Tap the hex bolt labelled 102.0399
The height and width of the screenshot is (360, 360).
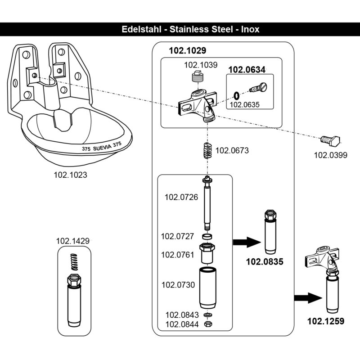coord(332,140)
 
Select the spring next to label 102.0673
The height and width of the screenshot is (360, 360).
coord(206,150)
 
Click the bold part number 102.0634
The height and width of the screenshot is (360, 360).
coord(247,70)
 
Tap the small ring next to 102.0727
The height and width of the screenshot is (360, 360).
coord(207,236)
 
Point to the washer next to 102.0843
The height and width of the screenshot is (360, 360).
coord(207,315)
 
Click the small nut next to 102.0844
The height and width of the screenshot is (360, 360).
coord(207,324)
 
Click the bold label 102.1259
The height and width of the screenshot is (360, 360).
coord(325,321)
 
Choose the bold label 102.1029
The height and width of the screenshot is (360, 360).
coord(187,51)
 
